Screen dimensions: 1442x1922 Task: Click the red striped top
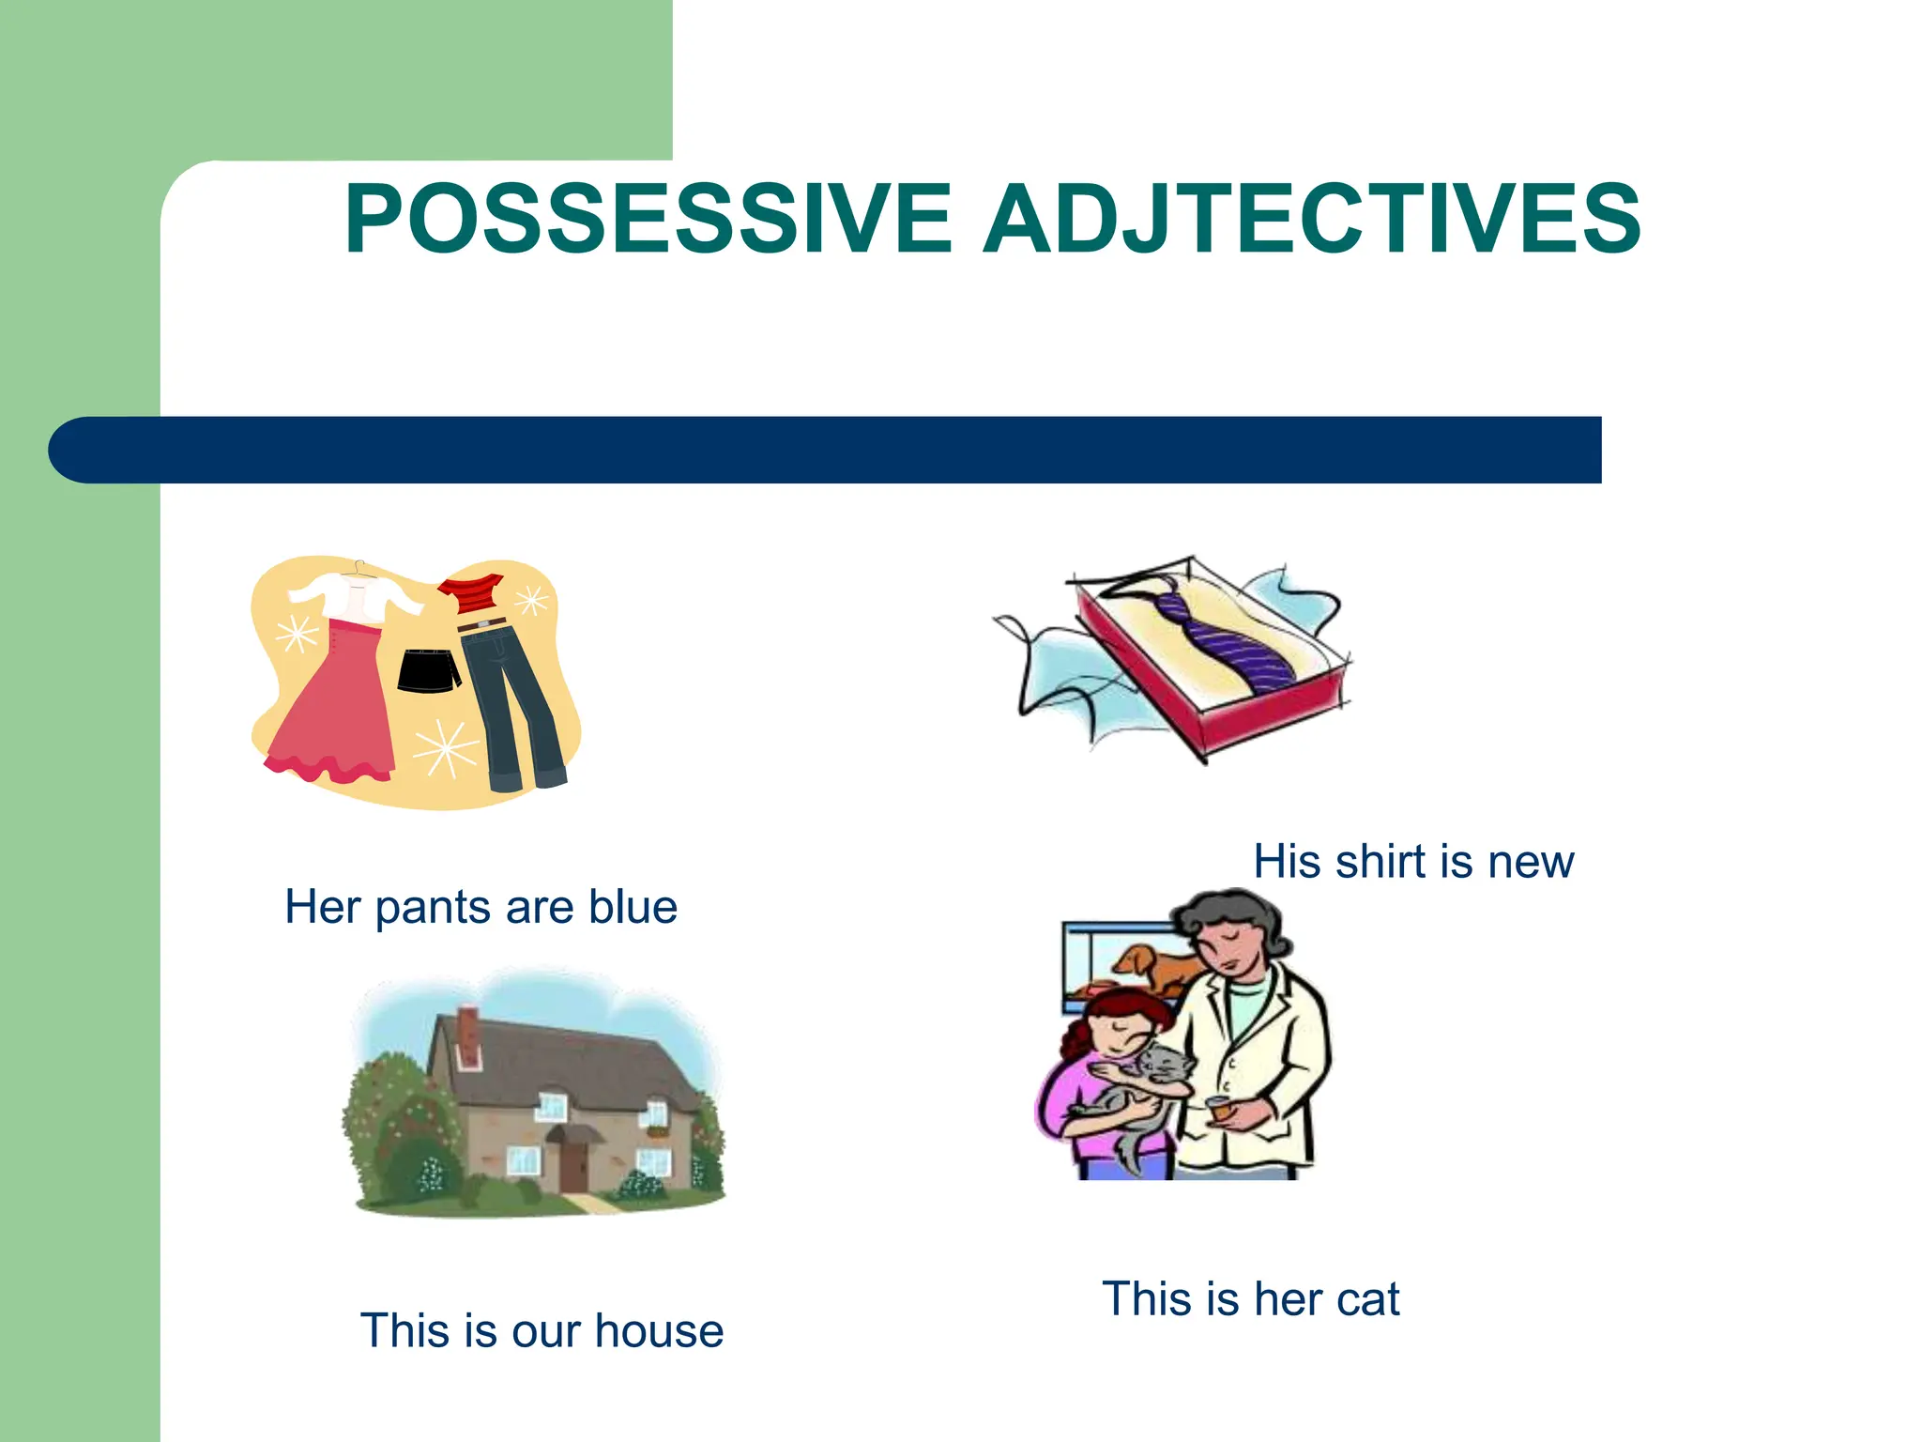(x=471, y=593)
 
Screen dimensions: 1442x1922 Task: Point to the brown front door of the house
(x=572, y=1164)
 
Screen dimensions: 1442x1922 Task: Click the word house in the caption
(x=659, y=1331)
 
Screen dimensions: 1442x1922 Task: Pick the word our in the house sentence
(x=546, y=1331)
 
